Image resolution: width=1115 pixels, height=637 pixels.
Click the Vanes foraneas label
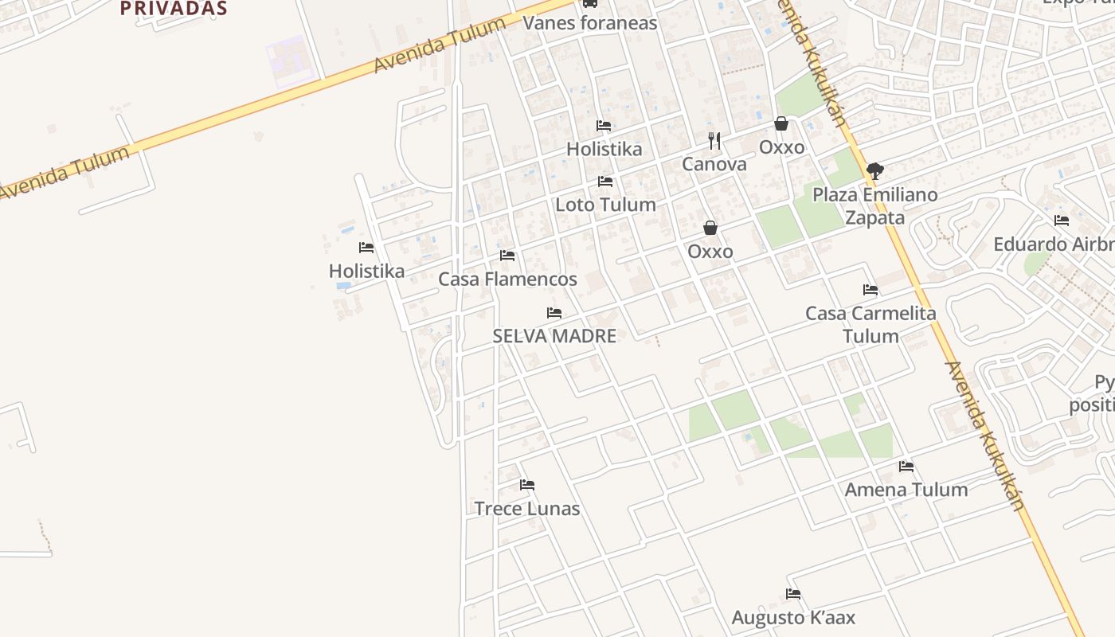(590, 22)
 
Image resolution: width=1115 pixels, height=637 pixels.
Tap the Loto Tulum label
(605, 205)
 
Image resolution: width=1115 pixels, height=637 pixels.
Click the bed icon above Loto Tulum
(605, 182)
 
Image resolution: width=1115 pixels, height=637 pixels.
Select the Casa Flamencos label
(507, 279)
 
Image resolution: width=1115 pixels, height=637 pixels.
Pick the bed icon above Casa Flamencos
(507, 256)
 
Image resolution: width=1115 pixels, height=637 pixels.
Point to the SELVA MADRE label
(554, 336)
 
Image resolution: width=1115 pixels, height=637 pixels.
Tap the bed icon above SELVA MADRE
(554, 313)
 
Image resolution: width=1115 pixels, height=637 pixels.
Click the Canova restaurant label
(714, 164)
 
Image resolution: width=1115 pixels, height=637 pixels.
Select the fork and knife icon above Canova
(714, 141)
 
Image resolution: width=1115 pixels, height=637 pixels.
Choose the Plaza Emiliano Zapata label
(874, 206)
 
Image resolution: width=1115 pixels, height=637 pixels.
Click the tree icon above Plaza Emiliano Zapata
(874, 170)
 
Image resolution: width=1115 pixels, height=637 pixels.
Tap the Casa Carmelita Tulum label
(870, 324)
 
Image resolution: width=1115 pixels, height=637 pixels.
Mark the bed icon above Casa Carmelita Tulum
(870, 290)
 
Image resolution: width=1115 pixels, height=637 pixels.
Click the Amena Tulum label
(906, 490)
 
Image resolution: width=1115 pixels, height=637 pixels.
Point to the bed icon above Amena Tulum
(906, 467)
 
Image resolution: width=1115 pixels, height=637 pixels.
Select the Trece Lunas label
(527, 508)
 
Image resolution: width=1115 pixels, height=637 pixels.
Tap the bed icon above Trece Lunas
(527, 485)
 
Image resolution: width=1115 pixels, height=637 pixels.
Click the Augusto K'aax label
(793, 617)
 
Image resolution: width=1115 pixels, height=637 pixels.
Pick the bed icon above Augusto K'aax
(793, 594)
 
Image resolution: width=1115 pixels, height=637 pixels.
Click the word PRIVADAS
(174, 9)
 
